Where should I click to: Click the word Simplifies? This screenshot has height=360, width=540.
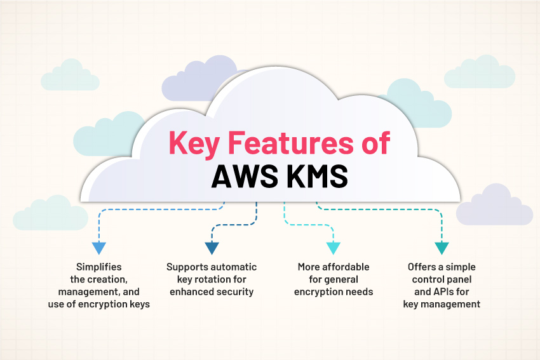tap(98, 267)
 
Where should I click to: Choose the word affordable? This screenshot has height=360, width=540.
tap(347, 267)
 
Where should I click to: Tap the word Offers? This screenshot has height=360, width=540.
tap(422, 267)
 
